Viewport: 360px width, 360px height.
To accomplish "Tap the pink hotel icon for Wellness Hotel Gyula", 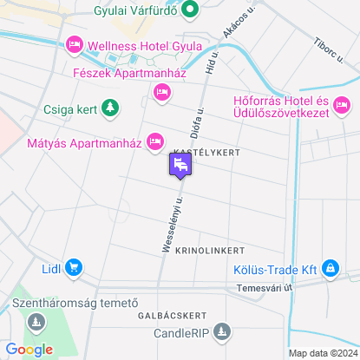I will click(x=74, y=44).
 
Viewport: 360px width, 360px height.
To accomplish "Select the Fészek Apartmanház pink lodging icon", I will click(x=160, y=92).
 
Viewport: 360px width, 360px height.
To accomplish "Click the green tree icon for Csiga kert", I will click(x=109, y=108).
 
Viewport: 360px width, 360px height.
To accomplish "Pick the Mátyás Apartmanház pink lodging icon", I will click(x=155, y=140).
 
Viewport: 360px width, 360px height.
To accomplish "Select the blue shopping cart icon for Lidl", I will click(x=74, y=268).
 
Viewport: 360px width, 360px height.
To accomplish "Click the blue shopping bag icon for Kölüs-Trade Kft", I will click(x=330, y=268).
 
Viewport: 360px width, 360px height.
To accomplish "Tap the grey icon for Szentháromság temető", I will click(x=36, y=323).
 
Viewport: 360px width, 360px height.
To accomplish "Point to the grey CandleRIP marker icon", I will click(x=221, y=331).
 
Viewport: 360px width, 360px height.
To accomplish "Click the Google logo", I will click(x=29, y=349).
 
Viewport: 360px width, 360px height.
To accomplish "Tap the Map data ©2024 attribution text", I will click(x=322, y=353).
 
